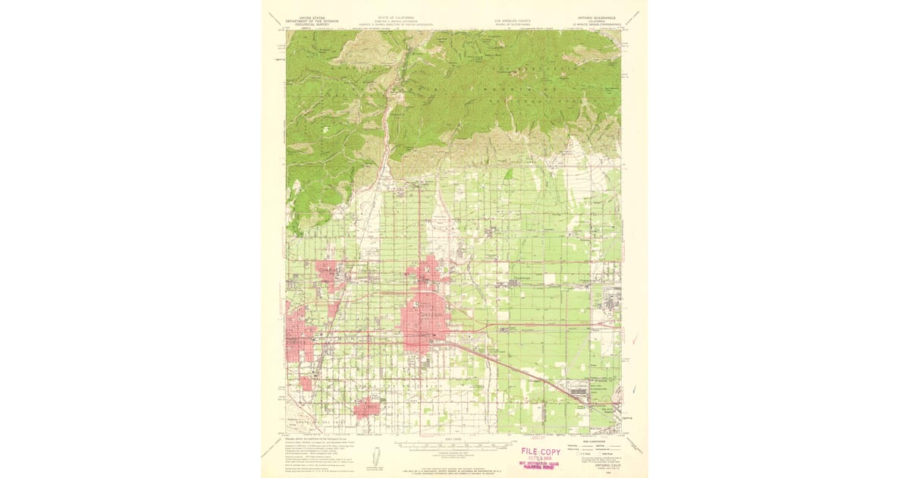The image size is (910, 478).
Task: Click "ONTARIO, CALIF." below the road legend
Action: [x=602, y=467]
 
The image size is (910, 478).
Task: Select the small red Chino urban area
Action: [x=369, y=407]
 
